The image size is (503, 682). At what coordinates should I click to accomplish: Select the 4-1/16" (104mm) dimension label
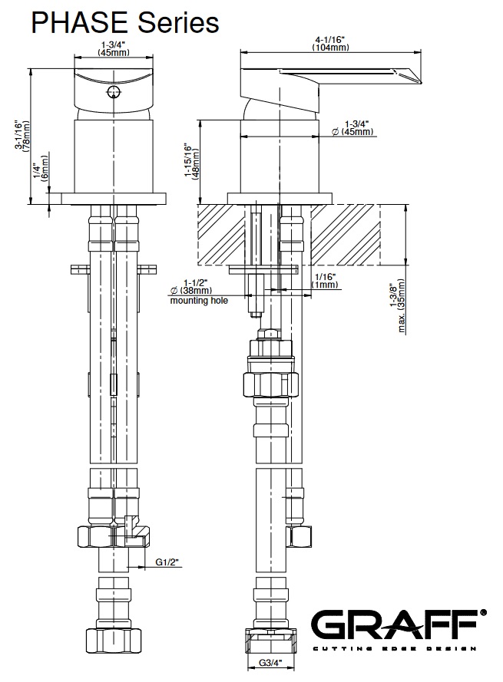330,44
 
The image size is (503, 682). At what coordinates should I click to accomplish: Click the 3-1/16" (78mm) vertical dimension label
22,136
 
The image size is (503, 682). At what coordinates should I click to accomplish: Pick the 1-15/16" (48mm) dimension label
191,161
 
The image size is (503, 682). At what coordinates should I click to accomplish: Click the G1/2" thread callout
167,562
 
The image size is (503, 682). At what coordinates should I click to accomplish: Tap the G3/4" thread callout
270,663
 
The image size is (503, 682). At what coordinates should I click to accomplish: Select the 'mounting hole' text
199,301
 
